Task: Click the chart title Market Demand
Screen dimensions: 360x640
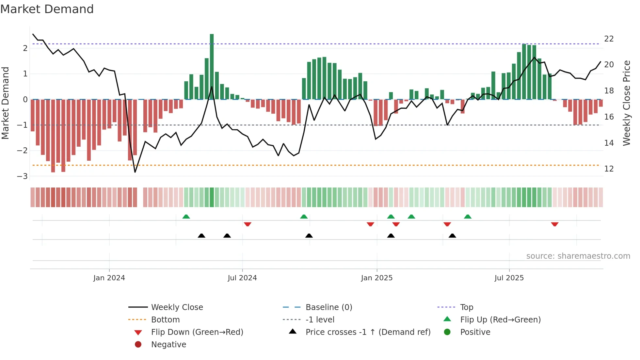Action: click(x=47, y=9)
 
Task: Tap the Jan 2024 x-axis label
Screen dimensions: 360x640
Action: click(x=109, y=278)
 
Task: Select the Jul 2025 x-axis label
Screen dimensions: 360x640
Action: click(x=509, y=278)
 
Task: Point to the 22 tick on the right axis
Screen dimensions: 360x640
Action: click(x=609, y=39)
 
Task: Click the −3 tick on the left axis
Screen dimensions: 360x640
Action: click(x=23, y=176)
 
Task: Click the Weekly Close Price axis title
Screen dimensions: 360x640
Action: click(x=626, y=103)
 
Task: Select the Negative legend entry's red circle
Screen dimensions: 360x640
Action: click(x=138, y=345)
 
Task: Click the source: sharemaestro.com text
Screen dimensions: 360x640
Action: click(x=578, y=256)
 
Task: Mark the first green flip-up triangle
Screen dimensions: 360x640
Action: click(x=186, y=217)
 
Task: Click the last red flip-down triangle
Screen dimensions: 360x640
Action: click(x=554, y=224)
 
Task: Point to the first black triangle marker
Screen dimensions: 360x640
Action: click(x=201, y=236)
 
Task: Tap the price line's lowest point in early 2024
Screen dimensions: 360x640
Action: click(x=135, y=172)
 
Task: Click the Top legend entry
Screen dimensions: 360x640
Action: click(x=466, y=307)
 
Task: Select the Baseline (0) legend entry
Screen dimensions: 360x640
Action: click(x=328, y=307)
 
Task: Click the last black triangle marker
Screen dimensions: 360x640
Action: click(x=452, y=236)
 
